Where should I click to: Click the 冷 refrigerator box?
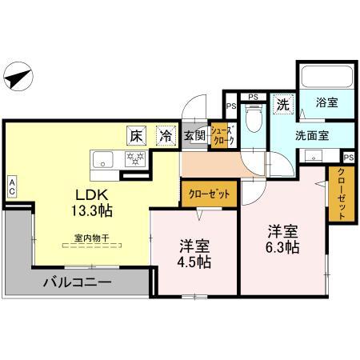164,136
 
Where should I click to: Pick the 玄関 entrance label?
194,136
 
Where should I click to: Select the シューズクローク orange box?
222,136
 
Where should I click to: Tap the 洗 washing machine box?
282,103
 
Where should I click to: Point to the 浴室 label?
325,102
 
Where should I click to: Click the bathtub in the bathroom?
326,78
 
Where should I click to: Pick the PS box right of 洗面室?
348,157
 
